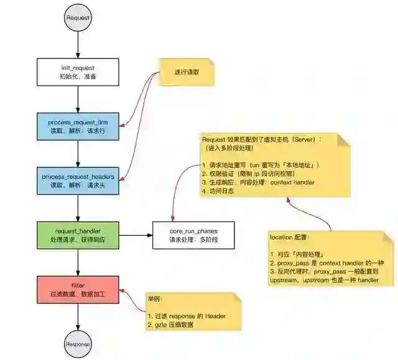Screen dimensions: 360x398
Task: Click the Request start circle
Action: [78, 17]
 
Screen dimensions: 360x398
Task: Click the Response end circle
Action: [78, 344]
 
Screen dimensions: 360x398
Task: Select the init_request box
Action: [78, 72]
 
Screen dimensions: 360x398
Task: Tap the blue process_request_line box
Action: [78, 126]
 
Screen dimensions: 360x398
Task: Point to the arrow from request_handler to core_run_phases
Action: [136, 235]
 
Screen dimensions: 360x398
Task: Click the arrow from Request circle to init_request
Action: [78, 44]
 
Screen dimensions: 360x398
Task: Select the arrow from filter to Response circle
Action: [78, 316]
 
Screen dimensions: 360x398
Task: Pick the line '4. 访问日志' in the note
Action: [218, 192]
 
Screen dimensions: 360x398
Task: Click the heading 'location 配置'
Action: [289, 238]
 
